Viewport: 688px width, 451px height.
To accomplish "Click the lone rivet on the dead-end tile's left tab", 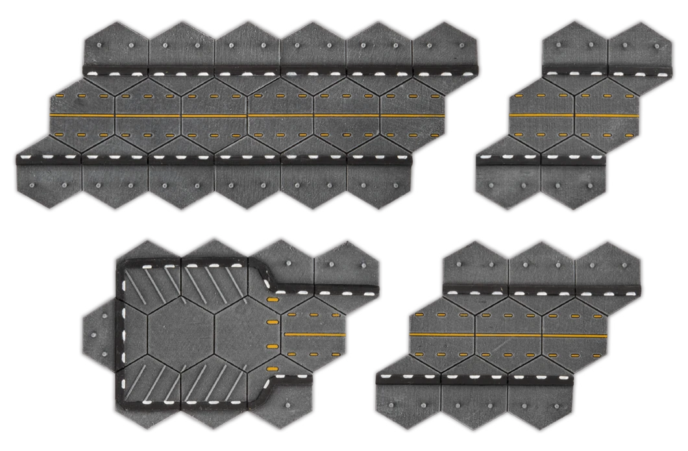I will click(x=92, y=334).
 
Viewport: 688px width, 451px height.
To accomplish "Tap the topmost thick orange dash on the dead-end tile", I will click(x=271, y=300).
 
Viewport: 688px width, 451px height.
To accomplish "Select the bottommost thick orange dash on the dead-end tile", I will click(x=272, y=369).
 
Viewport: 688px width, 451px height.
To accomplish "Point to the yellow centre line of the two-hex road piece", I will click(x=574, y=115).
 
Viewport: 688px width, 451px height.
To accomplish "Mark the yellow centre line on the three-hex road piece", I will click(x=508, y=335).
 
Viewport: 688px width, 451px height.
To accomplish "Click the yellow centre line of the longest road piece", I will click(x=247, y=116).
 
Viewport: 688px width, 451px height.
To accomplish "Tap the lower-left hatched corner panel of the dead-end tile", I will click(x=148, y=383).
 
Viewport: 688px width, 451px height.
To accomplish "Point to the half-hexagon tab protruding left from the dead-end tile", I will click(x=97, y=335).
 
